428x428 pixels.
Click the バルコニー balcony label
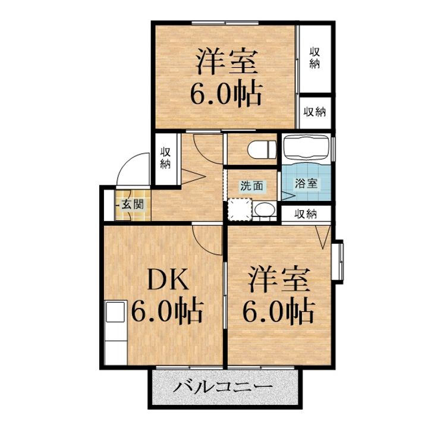(x=223, y=388)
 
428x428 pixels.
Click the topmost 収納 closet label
(x=314, y=58)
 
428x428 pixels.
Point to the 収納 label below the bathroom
(x=307, y=213)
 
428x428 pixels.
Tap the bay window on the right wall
(x=338, y=261)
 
